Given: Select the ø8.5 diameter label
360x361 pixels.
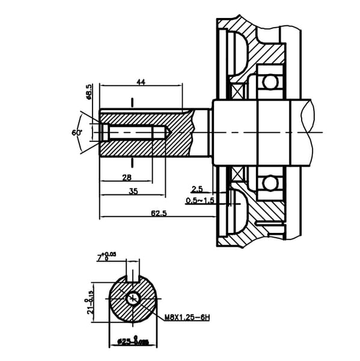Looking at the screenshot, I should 89,92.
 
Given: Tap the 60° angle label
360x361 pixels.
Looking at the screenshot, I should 76,132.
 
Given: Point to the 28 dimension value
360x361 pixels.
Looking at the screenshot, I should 127,177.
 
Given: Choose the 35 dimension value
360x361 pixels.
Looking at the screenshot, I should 133,191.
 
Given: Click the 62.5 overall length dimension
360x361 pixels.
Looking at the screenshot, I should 159,213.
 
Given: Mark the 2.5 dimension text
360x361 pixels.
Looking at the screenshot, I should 197,189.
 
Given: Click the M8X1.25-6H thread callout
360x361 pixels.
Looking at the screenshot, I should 186,317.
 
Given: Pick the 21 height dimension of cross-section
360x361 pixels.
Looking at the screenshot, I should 90,300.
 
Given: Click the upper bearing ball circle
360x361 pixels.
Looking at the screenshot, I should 270,82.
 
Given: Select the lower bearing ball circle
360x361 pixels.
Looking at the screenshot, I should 270,181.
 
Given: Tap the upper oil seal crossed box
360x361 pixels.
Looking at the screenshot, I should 240,90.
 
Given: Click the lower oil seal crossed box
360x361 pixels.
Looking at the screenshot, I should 240,174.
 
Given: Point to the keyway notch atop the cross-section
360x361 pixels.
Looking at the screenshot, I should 132,279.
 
